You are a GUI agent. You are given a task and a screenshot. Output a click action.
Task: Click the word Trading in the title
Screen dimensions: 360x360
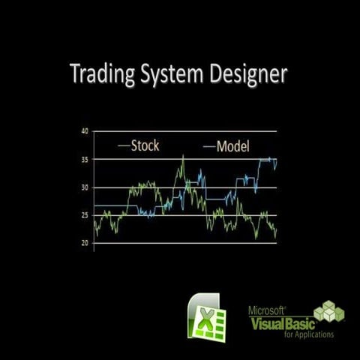100,76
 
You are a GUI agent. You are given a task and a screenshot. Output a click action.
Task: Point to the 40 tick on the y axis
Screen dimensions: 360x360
85,131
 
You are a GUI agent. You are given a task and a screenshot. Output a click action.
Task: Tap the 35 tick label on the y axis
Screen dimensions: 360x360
85,160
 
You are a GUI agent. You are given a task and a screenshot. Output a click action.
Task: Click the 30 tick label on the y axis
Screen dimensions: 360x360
85,187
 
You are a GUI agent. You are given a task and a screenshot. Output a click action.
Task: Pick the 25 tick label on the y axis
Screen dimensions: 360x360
85,216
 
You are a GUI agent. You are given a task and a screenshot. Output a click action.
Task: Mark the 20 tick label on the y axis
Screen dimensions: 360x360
85,244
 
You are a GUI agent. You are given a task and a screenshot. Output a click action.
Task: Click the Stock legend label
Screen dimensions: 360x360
145,145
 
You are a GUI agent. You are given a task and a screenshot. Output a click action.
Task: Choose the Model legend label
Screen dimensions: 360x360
232,145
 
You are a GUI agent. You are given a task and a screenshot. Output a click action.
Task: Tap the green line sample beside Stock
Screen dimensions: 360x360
124,145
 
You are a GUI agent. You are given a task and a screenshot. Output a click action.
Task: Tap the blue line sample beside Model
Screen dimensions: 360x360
209,145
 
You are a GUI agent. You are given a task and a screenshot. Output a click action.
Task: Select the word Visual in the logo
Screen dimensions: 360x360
262,322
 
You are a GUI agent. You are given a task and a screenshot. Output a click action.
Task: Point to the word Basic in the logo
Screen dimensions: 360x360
293,322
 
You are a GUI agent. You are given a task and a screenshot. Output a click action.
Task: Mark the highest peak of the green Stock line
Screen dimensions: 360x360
182,156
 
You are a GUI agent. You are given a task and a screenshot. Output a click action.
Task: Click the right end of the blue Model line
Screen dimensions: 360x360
276,160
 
